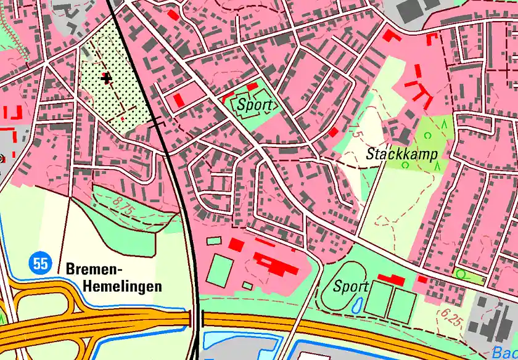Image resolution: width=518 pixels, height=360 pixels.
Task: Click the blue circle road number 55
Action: tap(40, 264)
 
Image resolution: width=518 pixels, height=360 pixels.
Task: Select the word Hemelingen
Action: tap(122, 286)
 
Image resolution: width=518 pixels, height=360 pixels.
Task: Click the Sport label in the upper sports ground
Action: tap(254, 105)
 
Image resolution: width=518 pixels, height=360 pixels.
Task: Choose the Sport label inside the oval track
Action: tap(350, 286)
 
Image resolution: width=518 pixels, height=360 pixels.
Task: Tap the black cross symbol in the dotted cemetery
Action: tap(107, 78)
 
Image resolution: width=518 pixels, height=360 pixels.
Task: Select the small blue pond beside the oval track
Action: tap(357, 305)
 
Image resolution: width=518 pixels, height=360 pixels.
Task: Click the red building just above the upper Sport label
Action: tap(252, 87)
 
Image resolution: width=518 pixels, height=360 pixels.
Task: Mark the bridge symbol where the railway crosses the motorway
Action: tap(197, 319)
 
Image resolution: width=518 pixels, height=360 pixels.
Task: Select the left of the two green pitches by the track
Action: tap(377, 301)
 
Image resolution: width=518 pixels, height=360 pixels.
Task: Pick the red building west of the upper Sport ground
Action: tap(179, 99)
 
